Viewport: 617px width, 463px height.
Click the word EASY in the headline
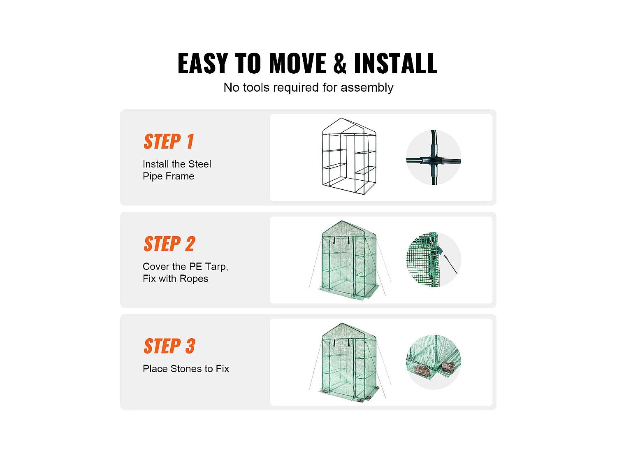click(x=203, y=63)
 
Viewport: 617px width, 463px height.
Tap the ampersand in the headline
click(x=340, y=63)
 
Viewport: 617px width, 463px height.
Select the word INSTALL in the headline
click(x=396, y=63)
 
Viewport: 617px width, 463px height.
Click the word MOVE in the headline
click(x=297, y=63)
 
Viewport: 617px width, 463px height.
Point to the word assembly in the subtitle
click(x=367, y=88)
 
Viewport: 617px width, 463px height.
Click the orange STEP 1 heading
click(x=169, y=141)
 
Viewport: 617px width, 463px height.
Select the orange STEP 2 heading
click(x=169, y=244)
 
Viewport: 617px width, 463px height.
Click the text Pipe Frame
click(x=168, y=176)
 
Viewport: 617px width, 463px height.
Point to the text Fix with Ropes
click(x=175, y=279)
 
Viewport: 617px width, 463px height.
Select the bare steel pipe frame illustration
click(x=349, y=156)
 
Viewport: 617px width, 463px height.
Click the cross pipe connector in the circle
click(x=434, y=161)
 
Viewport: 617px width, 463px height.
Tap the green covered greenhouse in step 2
click(x=349, y=260)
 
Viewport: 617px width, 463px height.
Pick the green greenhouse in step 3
click(x=349, y=362)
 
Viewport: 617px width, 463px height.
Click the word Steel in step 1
click(x=200, y=164)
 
